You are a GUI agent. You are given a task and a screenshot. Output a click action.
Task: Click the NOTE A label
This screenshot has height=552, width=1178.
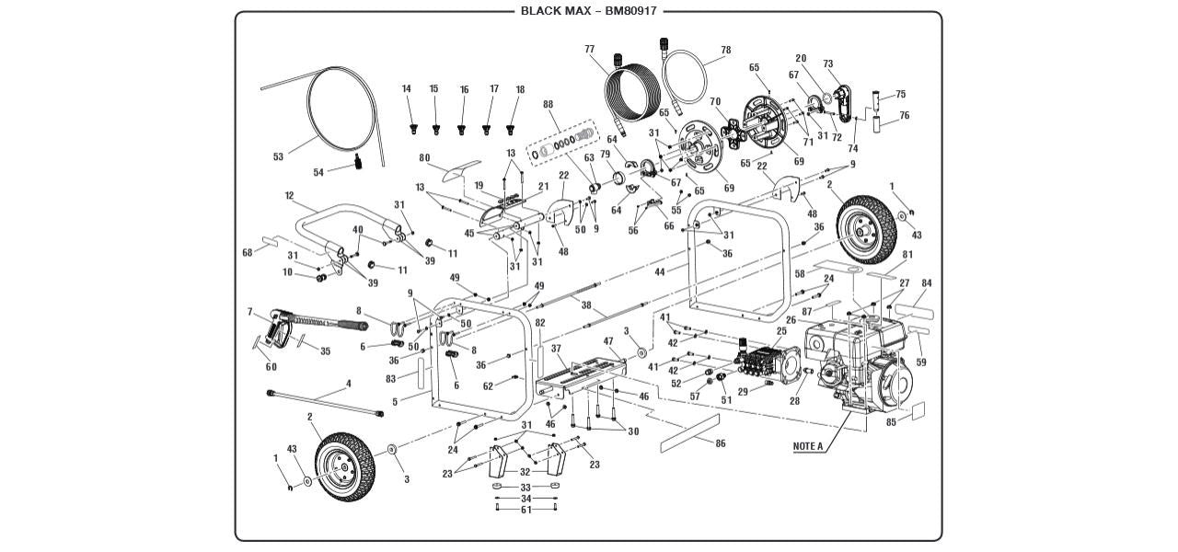click(807, 446)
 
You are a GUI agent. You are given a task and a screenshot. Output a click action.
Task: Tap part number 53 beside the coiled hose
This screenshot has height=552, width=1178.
click(279, 156)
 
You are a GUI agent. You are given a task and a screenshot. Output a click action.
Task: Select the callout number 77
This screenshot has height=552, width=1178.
click(589, 49)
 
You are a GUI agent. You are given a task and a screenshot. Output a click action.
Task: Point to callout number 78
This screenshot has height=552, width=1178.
click(726, 50)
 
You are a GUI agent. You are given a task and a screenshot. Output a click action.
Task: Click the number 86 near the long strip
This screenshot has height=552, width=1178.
click(721, 443)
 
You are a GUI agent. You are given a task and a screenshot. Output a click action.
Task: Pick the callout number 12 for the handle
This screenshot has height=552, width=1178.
click(289, 196)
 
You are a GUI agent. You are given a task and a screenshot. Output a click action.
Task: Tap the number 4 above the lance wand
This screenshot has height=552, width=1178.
click(348, 383)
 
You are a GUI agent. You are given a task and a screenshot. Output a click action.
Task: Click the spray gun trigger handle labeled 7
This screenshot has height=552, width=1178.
click(277, 326)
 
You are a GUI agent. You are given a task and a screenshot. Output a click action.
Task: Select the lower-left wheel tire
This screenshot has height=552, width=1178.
click(345, 467)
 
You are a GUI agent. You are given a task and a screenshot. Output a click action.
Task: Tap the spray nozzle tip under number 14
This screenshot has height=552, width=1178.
click(413, 126)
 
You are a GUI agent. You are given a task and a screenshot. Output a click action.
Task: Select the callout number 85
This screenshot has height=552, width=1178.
click(891, 423)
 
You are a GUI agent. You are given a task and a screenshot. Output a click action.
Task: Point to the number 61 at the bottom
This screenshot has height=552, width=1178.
click(525, 510)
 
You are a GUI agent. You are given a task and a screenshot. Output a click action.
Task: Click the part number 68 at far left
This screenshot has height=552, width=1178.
click(247, 252)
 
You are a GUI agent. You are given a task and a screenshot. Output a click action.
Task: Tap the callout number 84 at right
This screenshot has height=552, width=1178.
click(926, 283)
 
